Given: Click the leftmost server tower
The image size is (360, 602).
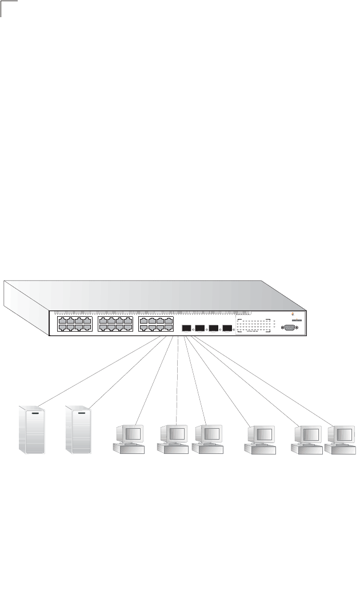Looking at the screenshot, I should [x=32, y=430].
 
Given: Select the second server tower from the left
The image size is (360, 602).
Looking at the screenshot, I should [x=78, y=430].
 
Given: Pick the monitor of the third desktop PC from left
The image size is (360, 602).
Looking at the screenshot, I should [x=208, y=434].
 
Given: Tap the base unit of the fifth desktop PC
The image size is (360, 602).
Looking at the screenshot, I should [x=306, y=448].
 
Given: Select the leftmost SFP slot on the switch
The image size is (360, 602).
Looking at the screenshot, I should [x=186, y=329].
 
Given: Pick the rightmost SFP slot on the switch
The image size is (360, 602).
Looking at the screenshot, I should [x=227, y=329].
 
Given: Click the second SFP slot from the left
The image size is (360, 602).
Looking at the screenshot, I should [x=200, y=329].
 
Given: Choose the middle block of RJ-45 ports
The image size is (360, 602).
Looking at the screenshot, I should [x=115, y=325].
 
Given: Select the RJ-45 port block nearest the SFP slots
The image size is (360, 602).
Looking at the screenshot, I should [x=155, y=325].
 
